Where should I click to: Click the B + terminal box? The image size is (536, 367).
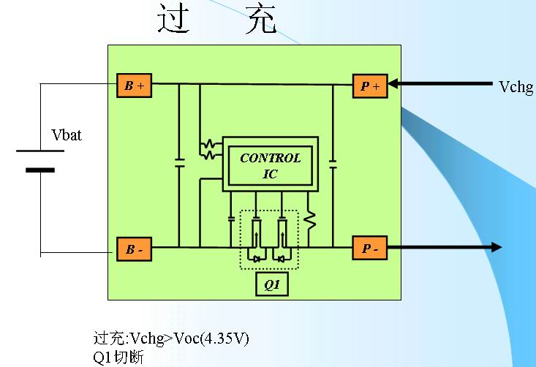[134, 86]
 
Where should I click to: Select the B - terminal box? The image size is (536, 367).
[134, 249]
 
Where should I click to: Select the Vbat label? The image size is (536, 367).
[67, 136]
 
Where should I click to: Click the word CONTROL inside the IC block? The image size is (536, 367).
[270, 158]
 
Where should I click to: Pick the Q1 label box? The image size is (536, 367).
[272, 284]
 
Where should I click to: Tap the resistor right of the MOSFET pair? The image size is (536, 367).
[309, 219]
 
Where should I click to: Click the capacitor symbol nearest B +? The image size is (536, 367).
[179, 162]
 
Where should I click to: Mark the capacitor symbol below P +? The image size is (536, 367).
[333, 162]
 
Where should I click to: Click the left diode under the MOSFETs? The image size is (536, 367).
[256, 257]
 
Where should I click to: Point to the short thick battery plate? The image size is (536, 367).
[40, 170]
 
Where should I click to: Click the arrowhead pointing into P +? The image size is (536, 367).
[395, 85]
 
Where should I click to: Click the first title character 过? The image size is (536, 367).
[174, 20]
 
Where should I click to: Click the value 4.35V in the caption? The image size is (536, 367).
[232, 339]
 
